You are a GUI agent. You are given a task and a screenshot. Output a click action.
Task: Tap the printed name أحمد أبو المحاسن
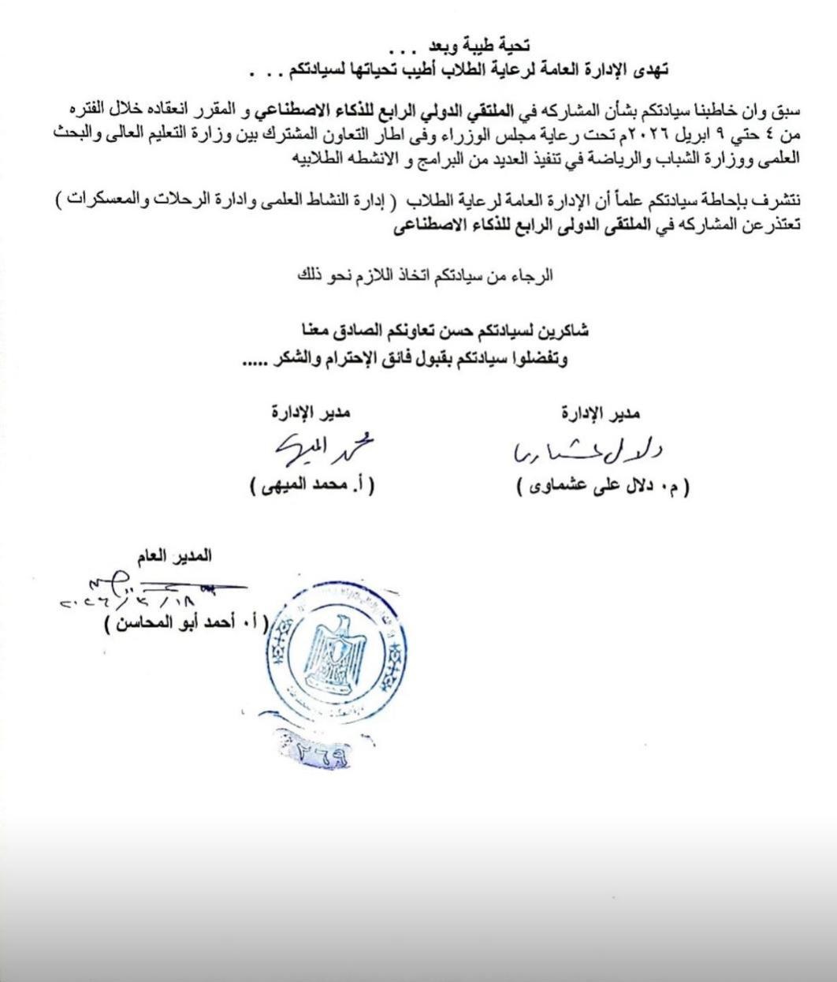click(186, 623)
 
